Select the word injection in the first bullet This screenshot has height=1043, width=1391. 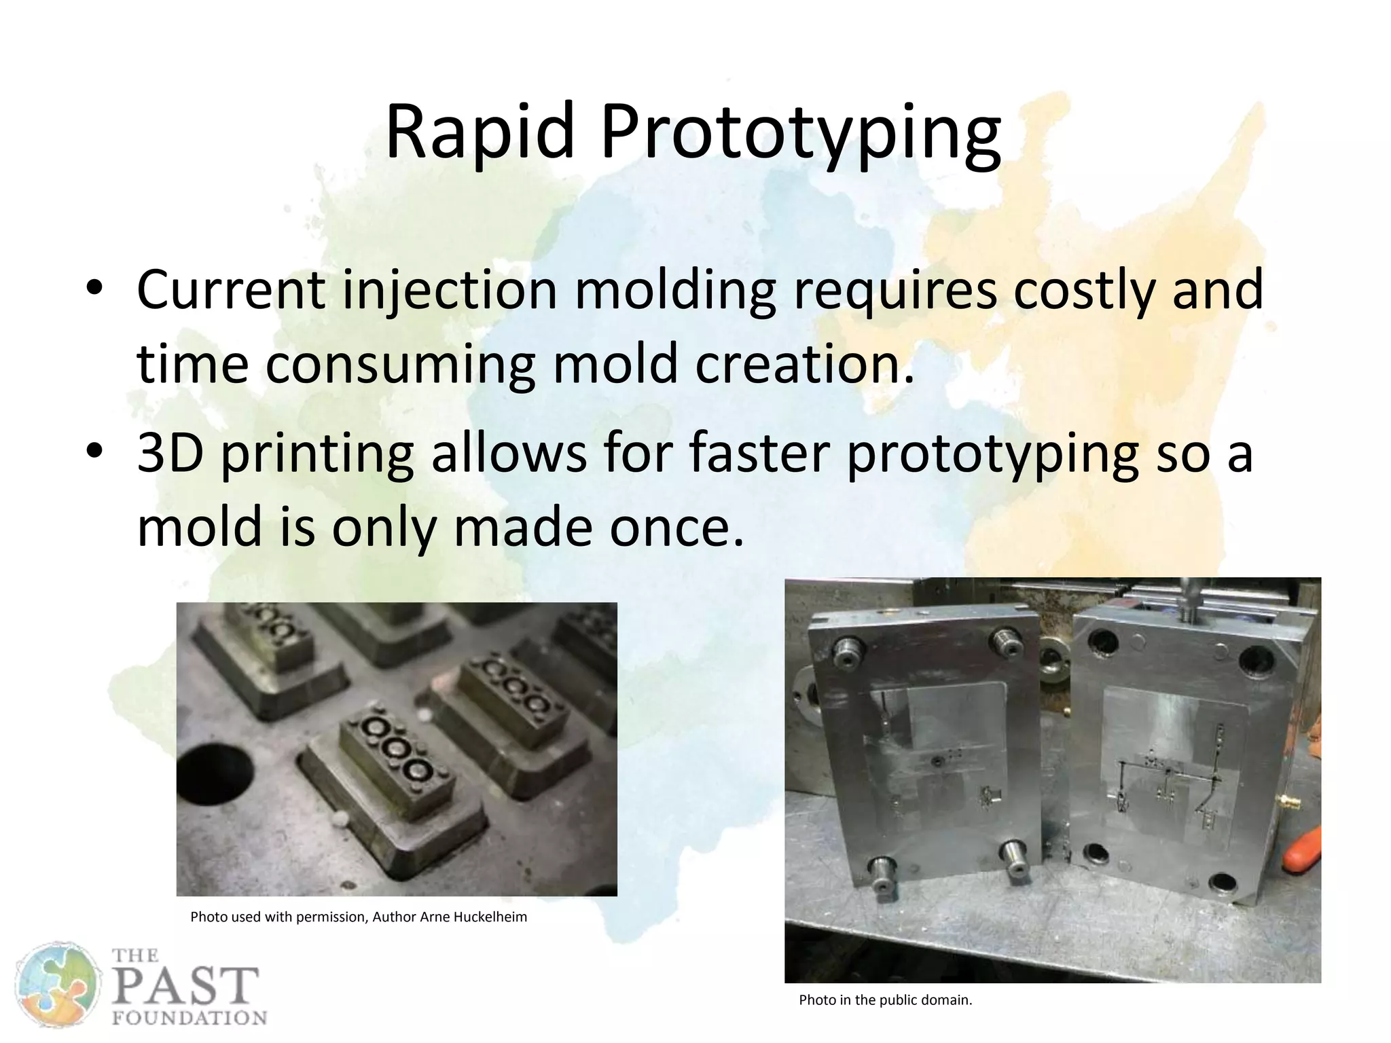pyautogui.click(x=449, y=291)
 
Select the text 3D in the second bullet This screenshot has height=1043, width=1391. pyautogui.click(x=170, y=453)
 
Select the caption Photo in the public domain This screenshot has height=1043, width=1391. pyautogui.click(x=885, y=1000)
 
